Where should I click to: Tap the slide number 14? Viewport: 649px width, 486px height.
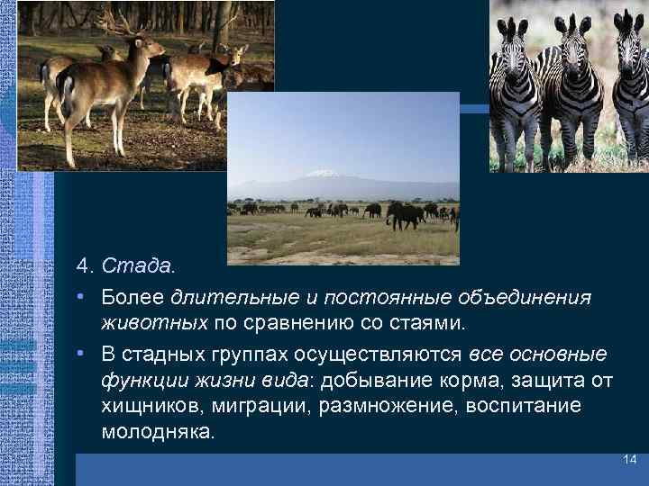point(629,461)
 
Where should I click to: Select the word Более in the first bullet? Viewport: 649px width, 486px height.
point(133,297)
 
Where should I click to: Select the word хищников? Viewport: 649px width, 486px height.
point(151,406)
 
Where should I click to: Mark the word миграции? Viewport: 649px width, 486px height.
point(266,406)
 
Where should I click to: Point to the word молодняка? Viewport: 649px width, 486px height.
point(158,431)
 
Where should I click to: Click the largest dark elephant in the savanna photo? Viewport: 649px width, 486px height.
point(402,213)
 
